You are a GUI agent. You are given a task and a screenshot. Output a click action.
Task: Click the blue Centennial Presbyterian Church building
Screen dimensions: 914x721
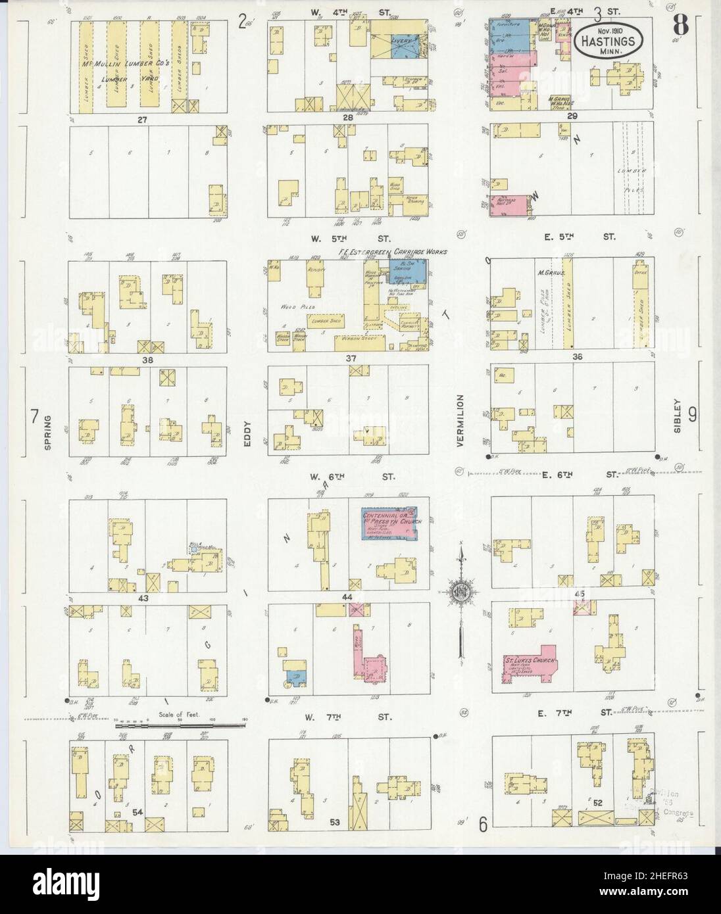[x=389, y=523]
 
